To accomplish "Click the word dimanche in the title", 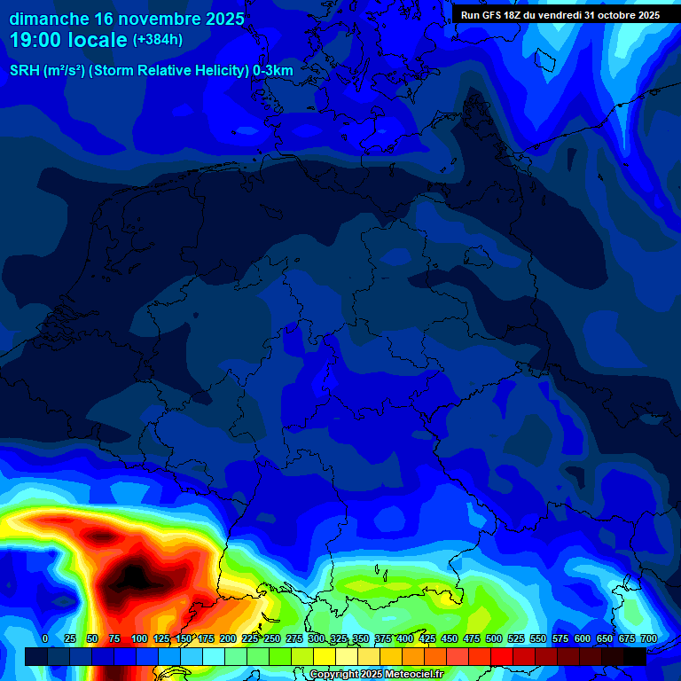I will [48, 19].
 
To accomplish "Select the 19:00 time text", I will [38, 40].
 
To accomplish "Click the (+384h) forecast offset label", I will [158, 40].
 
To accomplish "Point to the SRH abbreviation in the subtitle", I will [24, 70].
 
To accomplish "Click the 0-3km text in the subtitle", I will [273, 70].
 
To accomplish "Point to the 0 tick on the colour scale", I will [45, 638].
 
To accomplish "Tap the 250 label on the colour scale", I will [272, 638].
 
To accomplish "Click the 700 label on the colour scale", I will [649, 638].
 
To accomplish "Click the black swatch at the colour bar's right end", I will [636, 656].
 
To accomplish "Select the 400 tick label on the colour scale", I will [405, 638].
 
